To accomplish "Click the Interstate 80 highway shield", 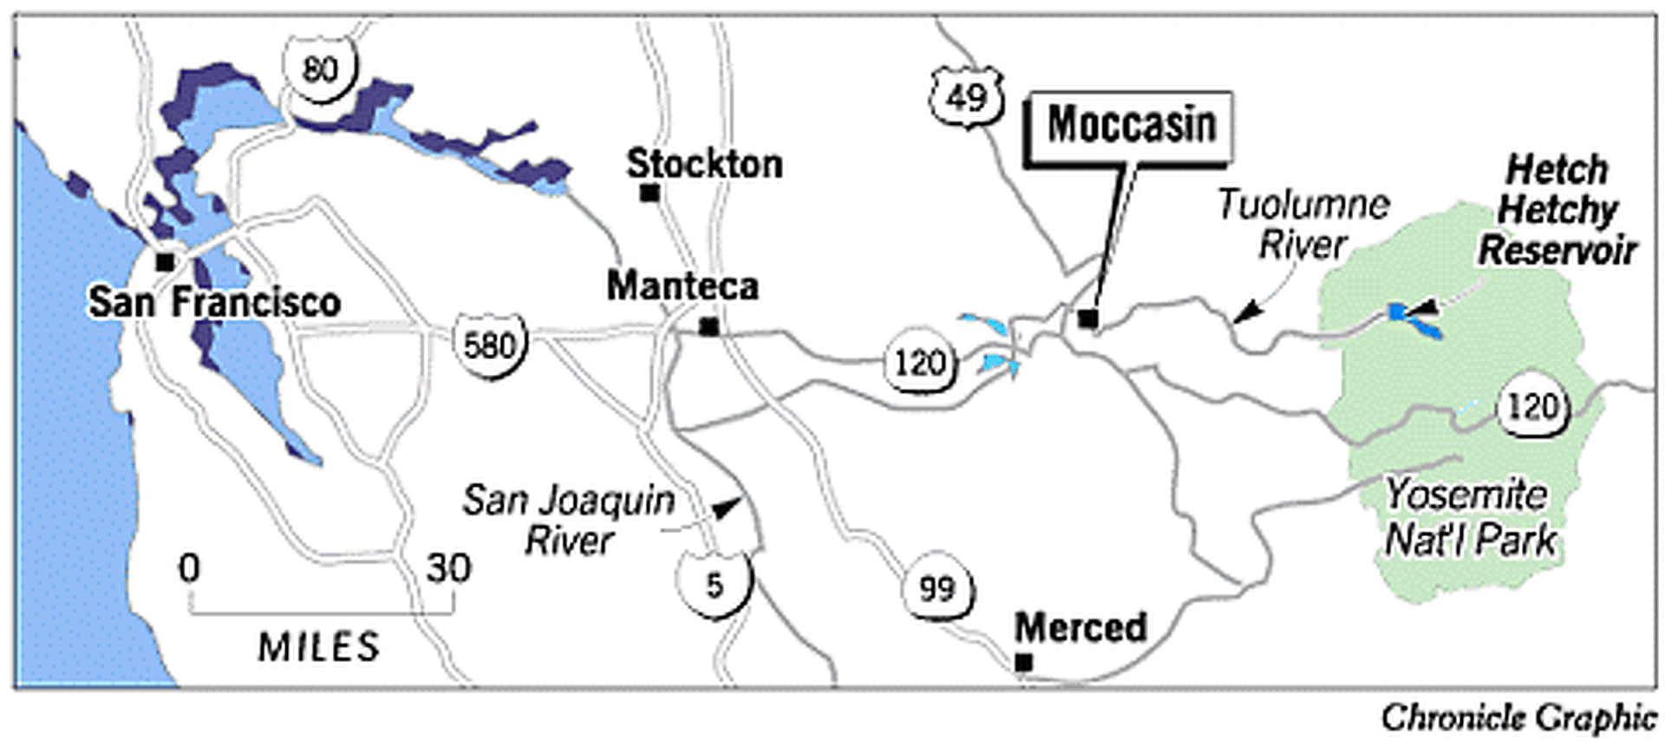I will (x=320, y=69).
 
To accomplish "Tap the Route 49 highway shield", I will (x=966, y=97).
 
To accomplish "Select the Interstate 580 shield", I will (x=490, y=345).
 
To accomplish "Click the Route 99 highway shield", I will (x=937, y=589).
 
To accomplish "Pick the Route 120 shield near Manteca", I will (x=919, y=363).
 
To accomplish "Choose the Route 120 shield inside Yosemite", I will (x=1532, y=406).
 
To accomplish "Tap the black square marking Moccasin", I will (x=1087, y=319).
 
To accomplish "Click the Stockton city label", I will (x=704, y=164).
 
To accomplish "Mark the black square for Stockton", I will (x=649, y=193).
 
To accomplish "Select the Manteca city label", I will (x=682, y=286).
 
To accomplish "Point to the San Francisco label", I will (x=214, y=303).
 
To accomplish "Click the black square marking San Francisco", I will (x=165, y=261).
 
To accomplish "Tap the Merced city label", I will (x=1081, y=627).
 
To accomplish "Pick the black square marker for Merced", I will (x=1023, y=662).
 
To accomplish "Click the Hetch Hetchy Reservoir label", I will (x=1557, y=210).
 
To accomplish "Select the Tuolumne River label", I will (x=1303, y=224).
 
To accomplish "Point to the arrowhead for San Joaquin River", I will (x=727, y=508).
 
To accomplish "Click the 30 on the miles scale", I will (x=448, y=569).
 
